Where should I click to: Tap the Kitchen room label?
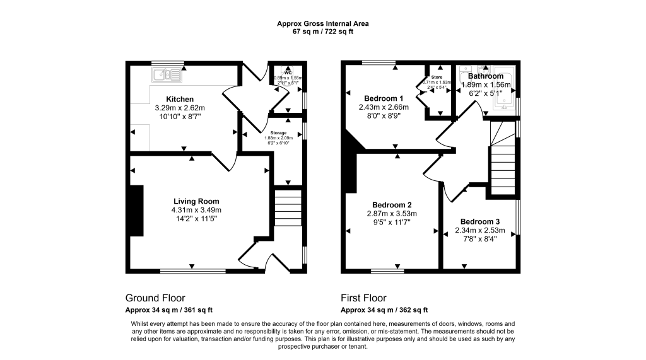point(180,99)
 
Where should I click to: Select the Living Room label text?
point(197,201)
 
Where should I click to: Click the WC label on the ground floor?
point(288,72)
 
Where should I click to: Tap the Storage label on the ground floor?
point(278,133)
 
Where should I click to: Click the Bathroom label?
point(486,76)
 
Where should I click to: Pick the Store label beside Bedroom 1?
point(437,77)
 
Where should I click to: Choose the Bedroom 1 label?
point(384,98)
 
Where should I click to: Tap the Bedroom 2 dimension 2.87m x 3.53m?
point(392,214)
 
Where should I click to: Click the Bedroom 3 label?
point(479,221)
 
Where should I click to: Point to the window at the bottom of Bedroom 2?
point(388,271)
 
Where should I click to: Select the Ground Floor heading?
point(155,298)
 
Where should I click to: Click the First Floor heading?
point(363,298)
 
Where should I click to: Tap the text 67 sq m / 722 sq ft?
point(323,32)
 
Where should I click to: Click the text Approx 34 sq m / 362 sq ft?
point(384,310)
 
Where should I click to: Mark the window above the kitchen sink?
point(168,62)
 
